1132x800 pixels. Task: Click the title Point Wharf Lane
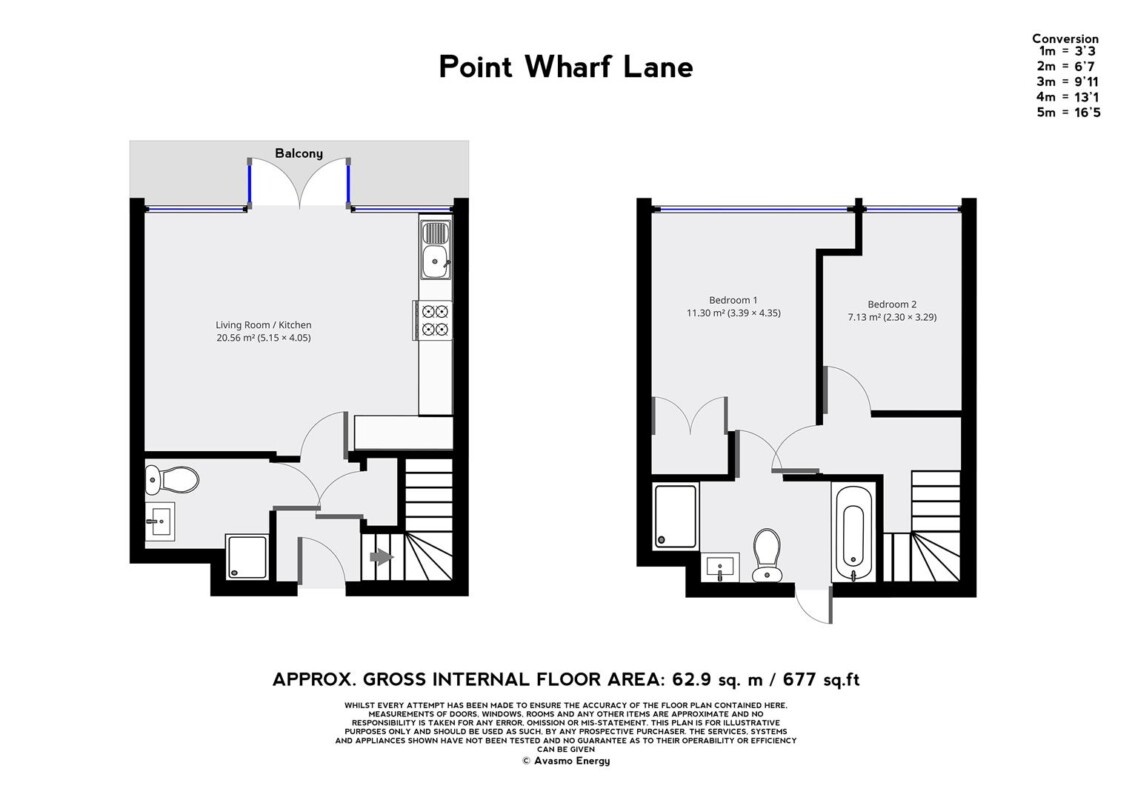[x=566, y=66]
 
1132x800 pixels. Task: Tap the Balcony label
[x=299, y=153]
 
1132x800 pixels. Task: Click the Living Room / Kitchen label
[x=264, y=325]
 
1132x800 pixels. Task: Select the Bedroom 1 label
[x=733, y=300]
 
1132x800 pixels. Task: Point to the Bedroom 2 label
[x=892, y=304]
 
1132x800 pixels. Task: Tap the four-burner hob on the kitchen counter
[x=434, y=321]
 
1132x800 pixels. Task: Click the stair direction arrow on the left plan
[x=381, y=557]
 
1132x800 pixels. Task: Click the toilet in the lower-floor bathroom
[x=172, y=479]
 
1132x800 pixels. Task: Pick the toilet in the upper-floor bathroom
[x=766, y=555]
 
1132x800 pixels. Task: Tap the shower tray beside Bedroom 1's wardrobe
[x=676, y=516]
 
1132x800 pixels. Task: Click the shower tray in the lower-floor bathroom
[x=247, y=556]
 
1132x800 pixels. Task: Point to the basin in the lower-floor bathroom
[x=160, y=521]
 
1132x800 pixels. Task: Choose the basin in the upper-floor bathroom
[x=721, y=567]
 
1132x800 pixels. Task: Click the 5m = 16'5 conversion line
[x=1068, y=112]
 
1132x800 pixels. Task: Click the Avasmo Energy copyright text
[x=566, y=760]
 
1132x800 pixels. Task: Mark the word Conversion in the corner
[x=1066, y=39]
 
